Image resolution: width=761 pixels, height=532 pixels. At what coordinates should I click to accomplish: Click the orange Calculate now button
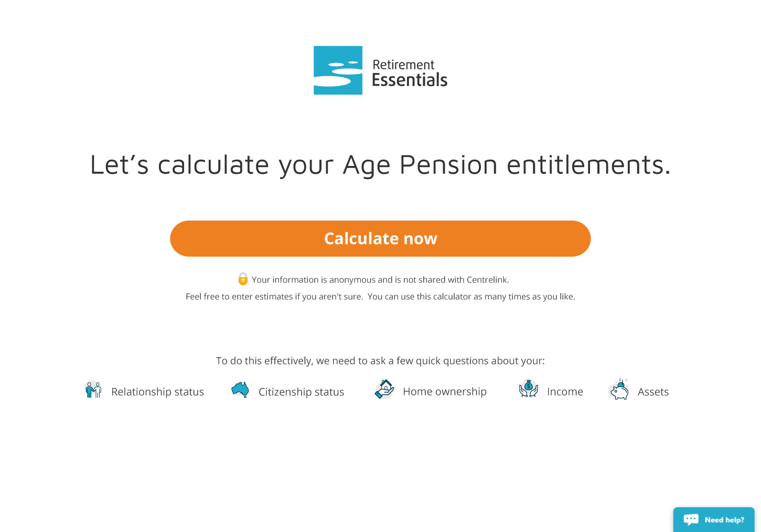point(380,238)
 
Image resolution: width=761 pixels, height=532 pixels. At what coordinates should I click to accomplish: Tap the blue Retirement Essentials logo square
point(338,70)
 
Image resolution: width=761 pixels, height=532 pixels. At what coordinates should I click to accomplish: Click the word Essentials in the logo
point(410,80)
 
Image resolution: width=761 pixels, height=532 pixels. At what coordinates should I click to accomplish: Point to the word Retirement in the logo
point(403,65)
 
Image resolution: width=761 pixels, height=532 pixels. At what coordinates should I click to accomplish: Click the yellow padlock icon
point(243,278)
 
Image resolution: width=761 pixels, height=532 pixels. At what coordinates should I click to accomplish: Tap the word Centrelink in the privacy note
point(488,279)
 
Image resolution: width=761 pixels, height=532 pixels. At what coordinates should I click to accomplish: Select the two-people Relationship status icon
point(93,390)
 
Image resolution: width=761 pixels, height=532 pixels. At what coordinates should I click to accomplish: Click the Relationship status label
point(158,392)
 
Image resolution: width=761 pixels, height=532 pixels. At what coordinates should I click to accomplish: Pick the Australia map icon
point(240,390)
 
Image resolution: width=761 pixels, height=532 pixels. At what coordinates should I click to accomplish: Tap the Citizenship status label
point(302,392)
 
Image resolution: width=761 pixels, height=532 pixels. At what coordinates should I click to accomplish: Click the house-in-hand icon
point(384,389)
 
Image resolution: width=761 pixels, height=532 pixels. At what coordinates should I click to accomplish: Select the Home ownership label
point(445,392)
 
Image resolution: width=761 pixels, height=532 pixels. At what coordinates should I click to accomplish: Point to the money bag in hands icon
point(528,389)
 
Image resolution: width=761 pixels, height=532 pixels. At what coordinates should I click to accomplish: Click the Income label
point(565,392)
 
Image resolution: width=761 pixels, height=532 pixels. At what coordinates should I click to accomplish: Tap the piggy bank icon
point(619,389)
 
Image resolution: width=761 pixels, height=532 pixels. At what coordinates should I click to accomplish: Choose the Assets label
point(653,392)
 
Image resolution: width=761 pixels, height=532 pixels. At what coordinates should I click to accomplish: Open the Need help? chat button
point(714,519)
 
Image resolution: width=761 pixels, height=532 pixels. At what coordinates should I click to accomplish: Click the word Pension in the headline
point(448,164)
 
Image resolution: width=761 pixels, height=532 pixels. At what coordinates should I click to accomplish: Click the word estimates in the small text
point(273,297)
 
